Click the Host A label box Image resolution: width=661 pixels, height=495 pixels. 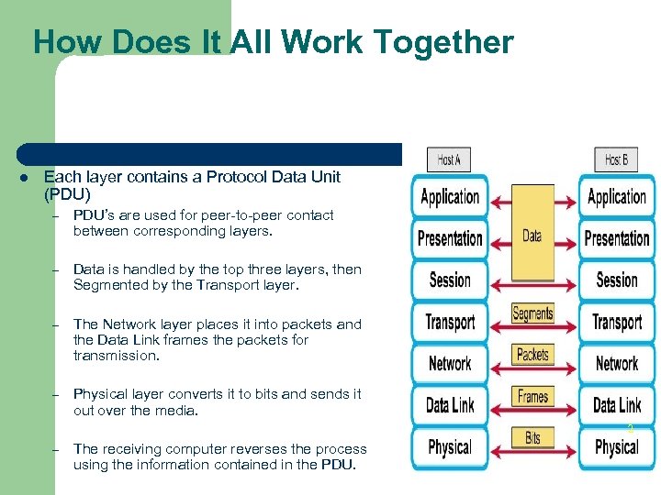pos(449,159)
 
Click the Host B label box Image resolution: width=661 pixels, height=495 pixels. pos(616,159)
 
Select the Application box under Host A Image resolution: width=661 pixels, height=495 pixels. pos(450,196)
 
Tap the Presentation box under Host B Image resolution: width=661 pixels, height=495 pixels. pos(617,238)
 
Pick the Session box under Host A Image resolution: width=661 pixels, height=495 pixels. pos(450,280)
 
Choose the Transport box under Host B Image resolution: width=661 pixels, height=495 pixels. pos(617,322)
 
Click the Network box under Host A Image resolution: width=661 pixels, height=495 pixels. pos(450,363)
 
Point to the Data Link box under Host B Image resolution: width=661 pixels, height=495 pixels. pos(617,405)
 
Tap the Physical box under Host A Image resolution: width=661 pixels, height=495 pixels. pos(450,447)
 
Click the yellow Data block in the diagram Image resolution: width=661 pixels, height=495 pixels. pos(532,236)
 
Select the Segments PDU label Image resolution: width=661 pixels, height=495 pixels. pos(532,313)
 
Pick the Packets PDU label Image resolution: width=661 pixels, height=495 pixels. pos(532,355)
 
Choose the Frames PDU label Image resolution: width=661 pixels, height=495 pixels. pos(532,397)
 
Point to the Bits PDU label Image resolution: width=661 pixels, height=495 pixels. pos(532,438)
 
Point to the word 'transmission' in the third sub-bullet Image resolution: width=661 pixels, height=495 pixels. pos(115,356)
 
